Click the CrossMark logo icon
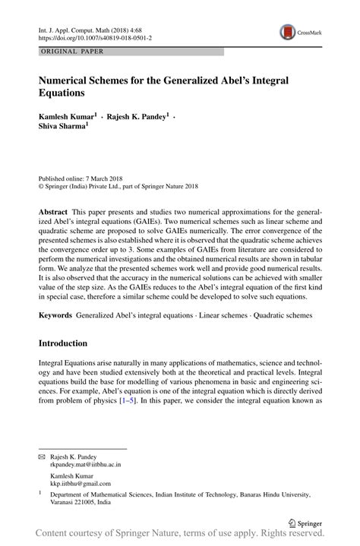click(288, 31)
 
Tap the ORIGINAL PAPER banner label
click(71, 52)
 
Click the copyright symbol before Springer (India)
click(42, 183)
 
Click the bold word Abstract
click(52, 209)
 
